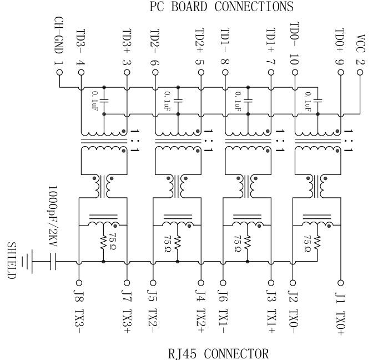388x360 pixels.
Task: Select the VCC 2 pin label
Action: (361, 51)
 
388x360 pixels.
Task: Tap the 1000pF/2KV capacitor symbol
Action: (54, 262)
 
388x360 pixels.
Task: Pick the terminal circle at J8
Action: (80, 282)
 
